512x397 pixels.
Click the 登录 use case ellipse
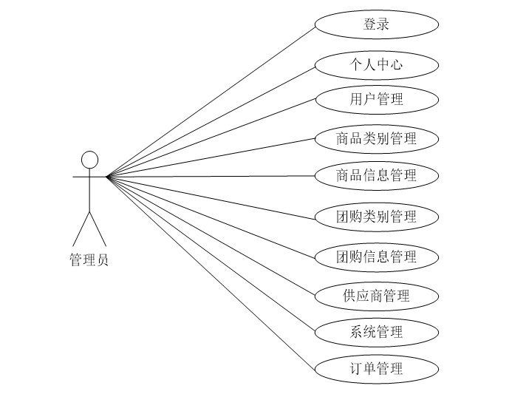[x=377, y=24]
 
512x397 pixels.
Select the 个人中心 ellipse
[x=377, y=64]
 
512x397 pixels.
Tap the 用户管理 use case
[x=377, y=98]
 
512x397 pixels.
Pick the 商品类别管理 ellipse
[x=377, y=138]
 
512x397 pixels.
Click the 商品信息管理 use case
[x=377, y=175]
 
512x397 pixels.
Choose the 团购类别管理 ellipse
[x=377, y=217]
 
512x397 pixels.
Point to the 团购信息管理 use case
[x=377, y=257]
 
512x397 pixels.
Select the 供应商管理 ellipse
[x=377, y=296]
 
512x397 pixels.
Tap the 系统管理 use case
[x=377, y=332]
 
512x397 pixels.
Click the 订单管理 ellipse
[x=377, y=368]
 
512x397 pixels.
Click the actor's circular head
[x=89, y=160]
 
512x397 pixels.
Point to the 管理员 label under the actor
[x=89, y=260]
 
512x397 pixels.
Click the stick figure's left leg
[x=81, y=229]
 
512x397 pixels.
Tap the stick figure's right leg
[x=98, y=229]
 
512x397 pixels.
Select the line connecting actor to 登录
[x=211, y=101]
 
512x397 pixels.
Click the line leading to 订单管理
[x=211, y=272]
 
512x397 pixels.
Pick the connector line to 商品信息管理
[x=211, y=176]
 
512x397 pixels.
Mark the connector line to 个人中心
[x=211, y=121]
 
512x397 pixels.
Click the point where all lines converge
[x=107, y=177]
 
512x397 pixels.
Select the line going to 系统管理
[x=211, y=254]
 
